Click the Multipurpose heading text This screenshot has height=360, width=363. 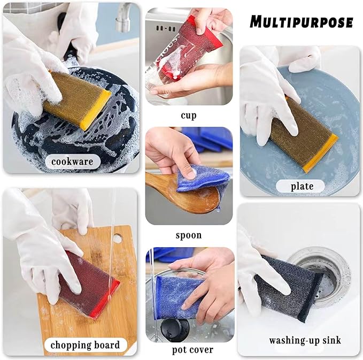(302, 22)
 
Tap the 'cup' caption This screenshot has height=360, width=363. (189, 115)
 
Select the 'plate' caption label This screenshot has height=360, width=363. (302, 186)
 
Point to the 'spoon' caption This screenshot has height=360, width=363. (189, 235)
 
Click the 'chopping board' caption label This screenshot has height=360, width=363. (85, 344)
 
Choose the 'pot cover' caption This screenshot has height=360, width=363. (193, 350)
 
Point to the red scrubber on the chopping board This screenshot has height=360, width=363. (88, 284)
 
